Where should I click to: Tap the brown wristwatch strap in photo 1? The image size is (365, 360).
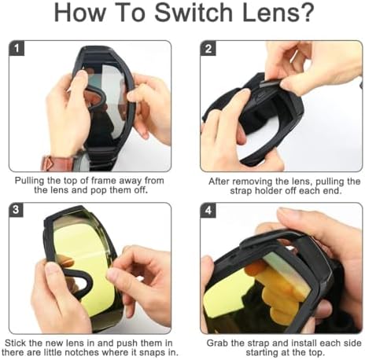57,163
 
